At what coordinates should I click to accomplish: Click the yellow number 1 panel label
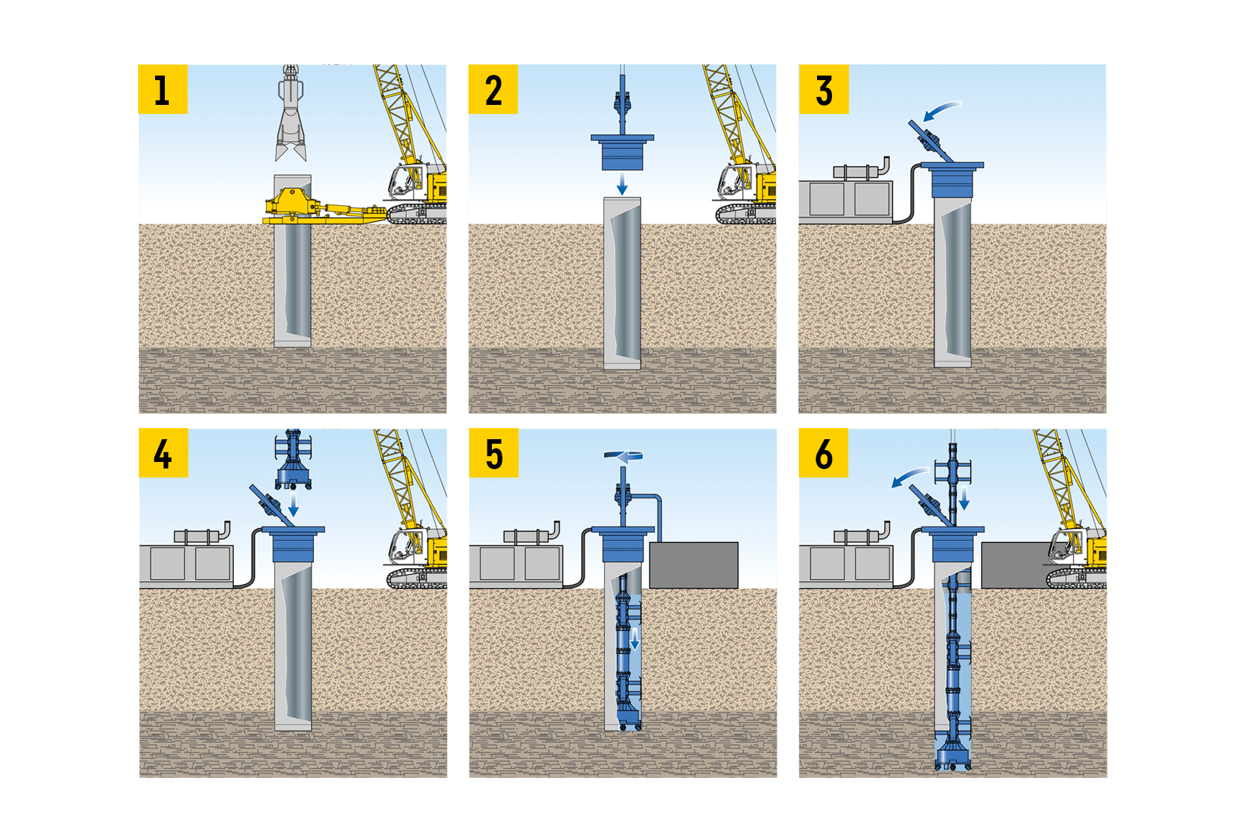tap(163, 89)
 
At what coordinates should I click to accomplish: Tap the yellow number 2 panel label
tap(493, 89)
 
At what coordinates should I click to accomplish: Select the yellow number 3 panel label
tap(824, 89)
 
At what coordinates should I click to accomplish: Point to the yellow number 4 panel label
tap(163, 453)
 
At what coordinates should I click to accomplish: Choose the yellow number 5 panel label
tap(493, 453)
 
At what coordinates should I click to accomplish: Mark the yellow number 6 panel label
tap(824, 453)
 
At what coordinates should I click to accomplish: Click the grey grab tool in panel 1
tap(290, 117)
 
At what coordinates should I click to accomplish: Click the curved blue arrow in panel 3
tap(942, 111)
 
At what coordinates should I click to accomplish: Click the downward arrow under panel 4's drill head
tap(294, 503)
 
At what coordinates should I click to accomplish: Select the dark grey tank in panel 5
tap(694, 565)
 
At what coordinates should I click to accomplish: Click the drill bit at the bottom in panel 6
tap(952, 759)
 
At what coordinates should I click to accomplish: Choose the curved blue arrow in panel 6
tap(909, 478)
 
